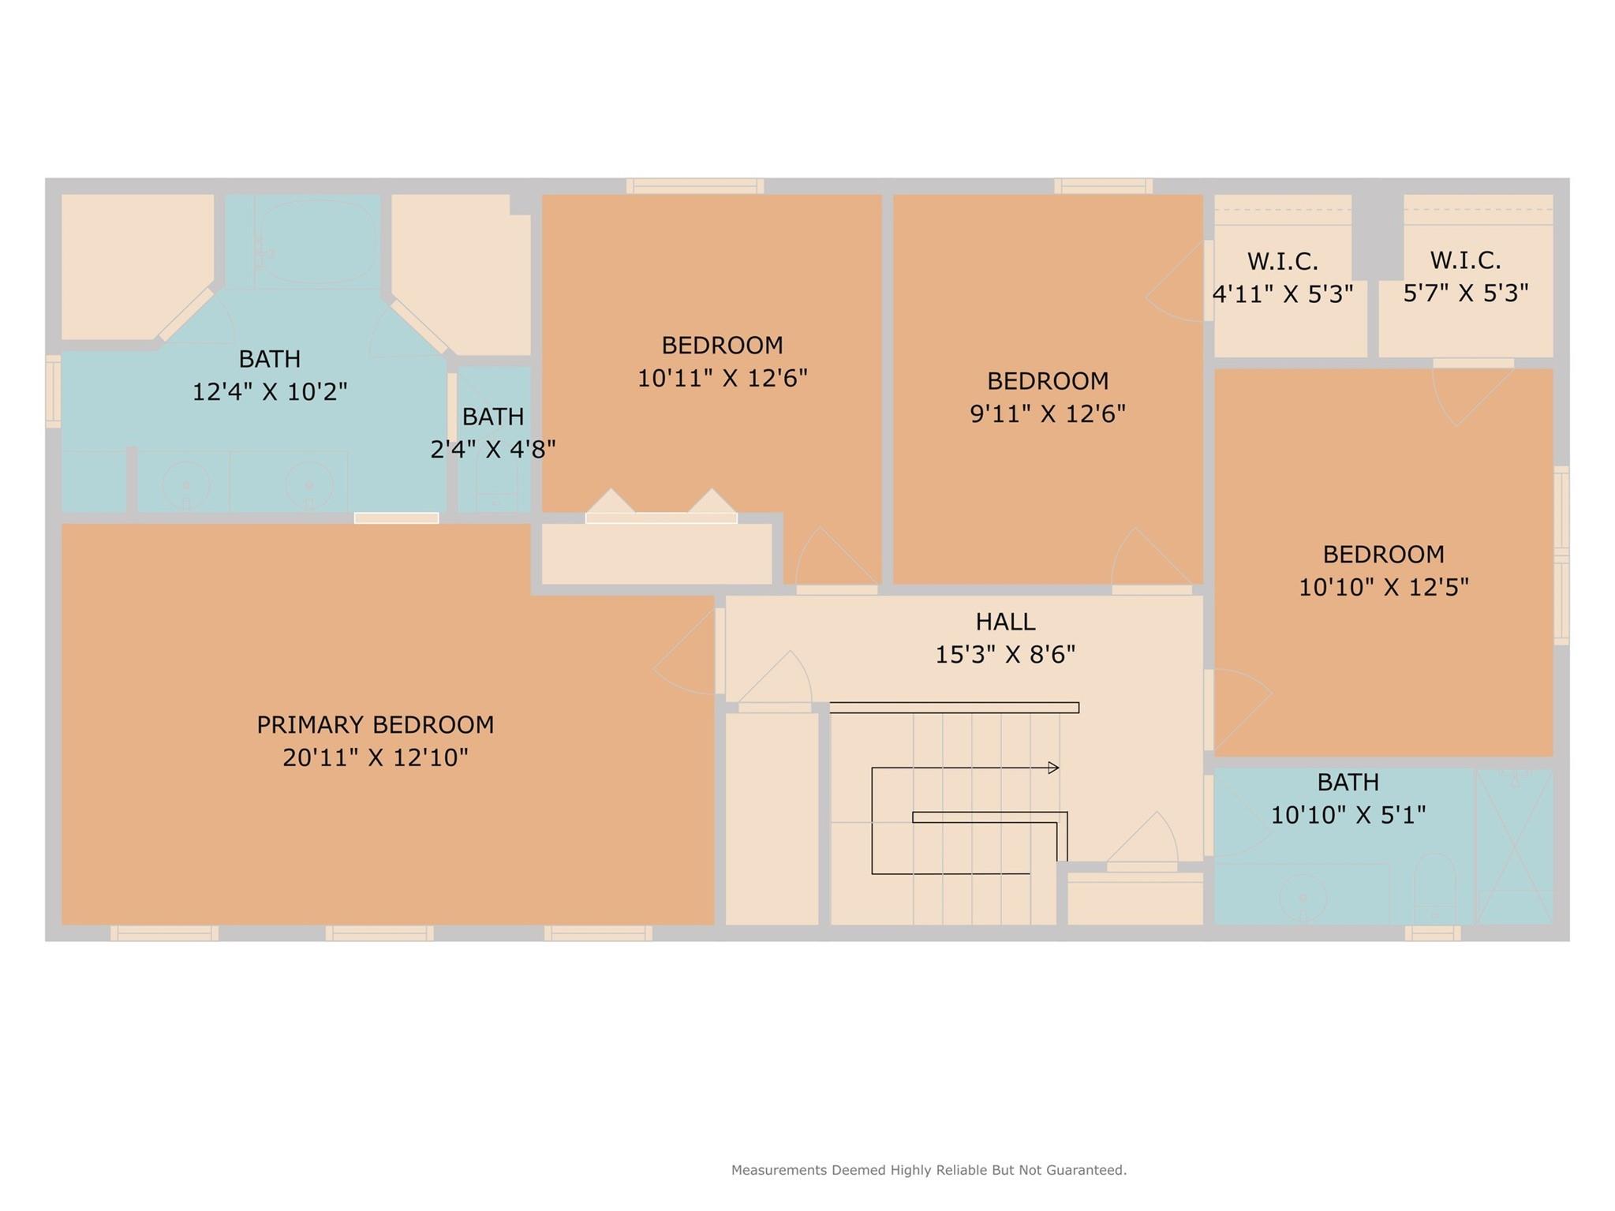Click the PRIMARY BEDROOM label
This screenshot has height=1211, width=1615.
click(376, 724)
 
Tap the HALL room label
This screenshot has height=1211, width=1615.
click(1005, 622)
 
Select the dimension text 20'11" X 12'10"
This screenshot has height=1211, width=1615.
click(376, 757)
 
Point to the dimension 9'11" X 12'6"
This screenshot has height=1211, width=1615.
click(1048, 413)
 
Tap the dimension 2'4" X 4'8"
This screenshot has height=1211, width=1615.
click(493, 449)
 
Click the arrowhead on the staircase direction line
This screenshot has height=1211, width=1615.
click(1053, 768)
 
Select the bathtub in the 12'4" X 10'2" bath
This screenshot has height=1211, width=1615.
click(316, 241)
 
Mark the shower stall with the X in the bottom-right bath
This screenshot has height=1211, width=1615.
click(1515, 847)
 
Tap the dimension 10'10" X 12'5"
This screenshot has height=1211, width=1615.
click(1384, 587)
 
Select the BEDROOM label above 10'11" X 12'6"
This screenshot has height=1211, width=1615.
click(722, 345)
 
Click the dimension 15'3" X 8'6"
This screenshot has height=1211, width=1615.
click(1005, 655)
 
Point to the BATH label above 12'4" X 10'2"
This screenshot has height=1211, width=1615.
click(270, 359)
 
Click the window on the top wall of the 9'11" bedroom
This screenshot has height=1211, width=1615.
click(1103, 186)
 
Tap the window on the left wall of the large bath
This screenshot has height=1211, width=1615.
click(53, 391)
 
